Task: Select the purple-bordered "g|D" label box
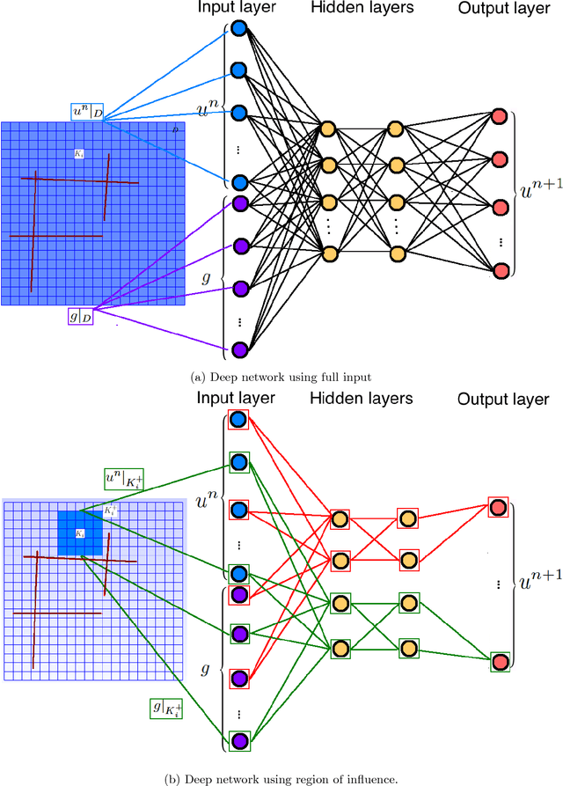81,316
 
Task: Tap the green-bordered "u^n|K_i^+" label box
122,480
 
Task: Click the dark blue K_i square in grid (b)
80,533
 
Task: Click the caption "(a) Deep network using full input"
281,376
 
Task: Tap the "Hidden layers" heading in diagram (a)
362,9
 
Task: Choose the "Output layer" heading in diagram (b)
502,400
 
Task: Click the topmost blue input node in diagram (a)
238,29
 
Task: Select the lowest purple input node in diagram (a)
238,350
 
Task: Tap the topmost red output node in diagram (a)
500,116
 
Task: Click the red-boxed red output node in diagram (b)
499,508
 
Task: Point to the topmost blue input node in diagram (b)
238,420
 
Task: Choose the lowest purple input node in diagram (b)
238,740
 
